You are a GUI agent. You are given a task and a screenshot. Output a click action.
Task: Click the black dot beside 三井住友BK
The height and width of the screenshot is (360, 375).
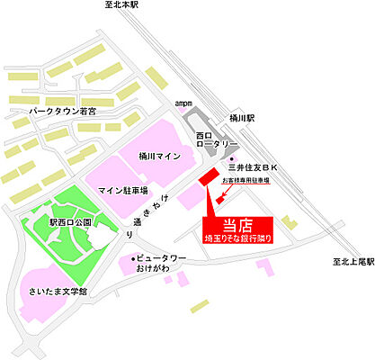(232, 157)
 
